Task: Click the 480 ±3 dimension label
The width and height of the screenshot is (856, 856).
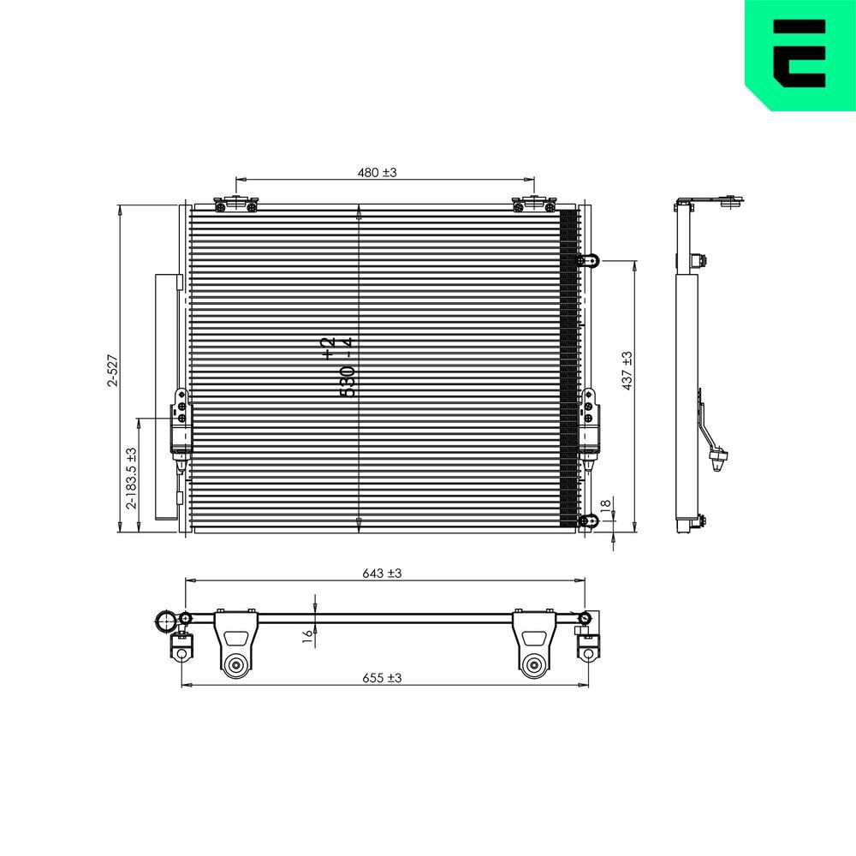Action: click(377, 172)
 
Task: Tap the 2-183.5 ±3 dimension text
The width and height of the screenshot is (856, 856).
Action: click(131, 479)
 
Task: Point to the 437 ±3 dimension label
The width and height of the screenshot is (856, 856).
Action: click(627, 371)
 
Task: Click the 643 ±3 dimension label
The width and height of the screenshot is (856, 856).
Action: click(382, 574)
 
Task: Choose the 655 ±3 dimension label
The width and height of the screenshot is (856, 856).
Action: click(382, 677)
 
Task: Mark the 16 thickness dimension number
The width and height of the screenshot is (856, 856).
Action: click(307, 634)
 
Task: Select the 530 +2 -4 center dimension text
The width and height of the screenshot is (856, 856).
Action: click(337, 368)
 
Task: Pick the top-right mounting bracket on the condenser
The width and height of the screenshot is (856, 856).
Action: click(534, 205)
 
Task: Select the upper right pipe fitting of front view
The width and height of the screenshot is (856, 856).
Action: click(588, 260)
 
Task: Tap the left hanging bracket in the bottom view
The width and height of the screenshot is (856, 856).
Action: click(235, 645)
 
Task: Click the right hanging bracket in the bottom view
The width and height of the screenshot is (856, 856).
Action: click(533, 645)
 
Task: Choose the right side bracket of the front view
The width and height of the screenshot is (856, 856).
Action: click(589, 425)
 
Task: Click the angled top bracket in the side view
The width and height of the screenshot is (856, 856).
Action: click(710, 203)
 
